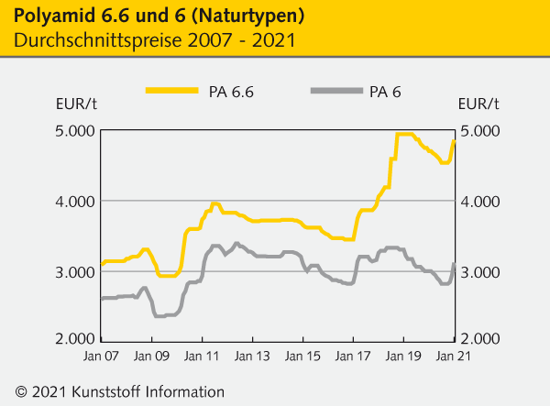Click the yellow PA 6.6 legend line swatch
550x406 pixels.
click(x=171, y=91)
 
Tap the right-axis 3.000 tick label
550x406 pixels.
click(x=478, y=272)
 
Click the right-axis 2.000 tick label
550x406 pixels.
click(x=478, y=340)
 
